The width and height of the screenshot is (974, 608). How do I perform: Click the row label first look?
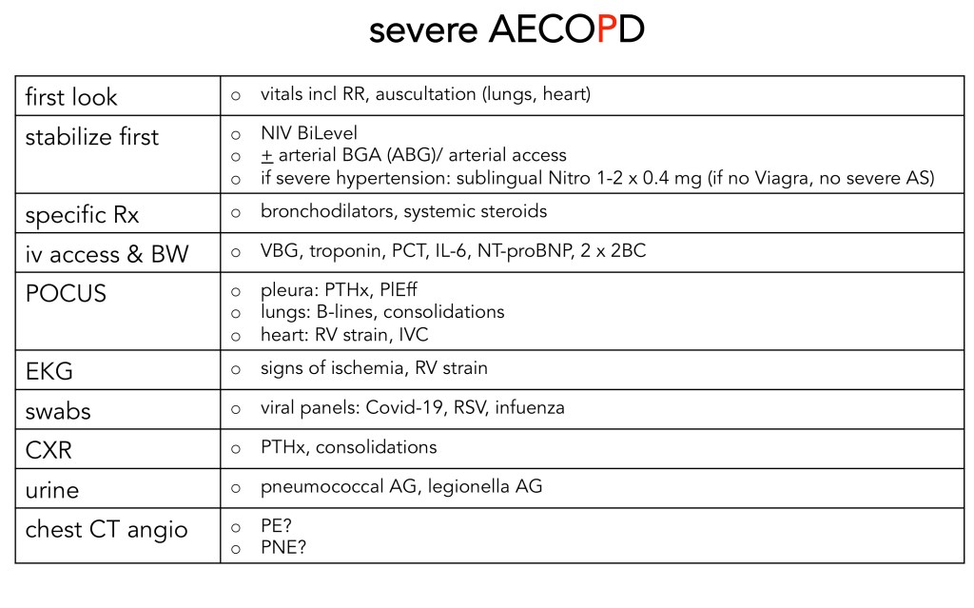[x=71, y=97]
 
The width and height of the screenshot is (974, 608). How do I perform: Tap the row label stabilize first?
[x=92, y=136]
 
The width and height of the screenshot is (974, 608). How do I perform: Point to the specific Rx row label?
[x=82, y=214]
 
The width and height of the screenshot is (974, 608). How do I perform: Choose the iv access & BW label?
[x=107, y=253]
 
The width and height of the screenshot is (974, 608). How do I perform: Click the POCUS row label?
[x=66, y=293]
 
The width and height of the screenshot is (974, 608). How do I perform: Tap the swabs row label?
[x=60, y=409]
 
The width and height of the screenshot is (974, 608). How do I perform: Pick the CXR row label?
[x=49, y=448]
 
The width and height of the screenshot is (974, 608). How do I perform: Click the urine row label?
[x=52, y=489]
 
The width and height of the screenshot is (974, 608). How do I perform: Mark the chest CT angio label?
[x=107, y=528]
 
